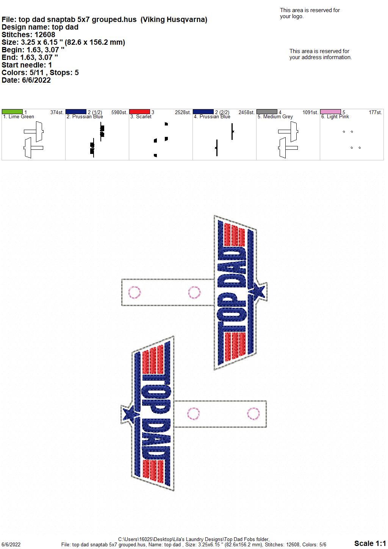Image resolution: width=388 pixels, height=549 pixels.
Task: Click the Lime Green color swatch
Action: tap(12, 111)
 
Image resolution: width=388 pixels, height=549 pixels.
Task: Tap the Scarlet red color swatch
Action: tap(139, 111)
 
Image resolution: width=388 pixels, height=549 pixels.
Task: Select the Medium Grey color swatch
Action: tap(267, 111)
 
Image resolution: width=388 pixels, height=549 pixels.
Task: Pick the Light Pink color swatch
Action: tap(330, 111)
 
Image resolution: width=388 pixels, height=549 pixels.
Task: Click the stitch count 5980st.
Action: tap(119, 112)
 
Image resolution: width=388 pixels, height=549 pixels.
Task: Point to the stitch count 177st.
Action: tap(375, 112)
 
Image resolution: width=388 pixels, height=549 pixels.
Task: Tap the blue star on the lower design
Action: tap(130, 414)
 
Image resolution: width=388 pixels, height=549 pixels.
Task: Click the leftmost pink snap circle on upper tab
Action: tap(135, 292)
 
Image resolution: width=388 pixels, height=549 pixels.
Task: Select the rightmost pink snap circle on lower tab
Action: tap(253, 414)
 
